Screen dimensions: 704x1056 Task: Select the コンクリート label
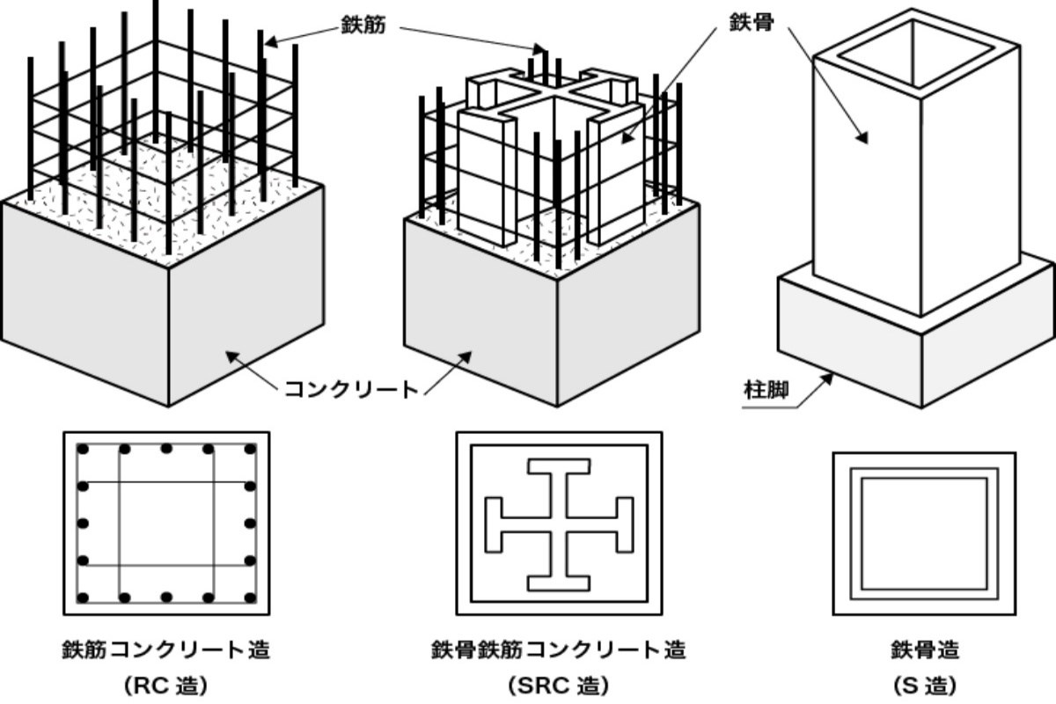coord(350,388)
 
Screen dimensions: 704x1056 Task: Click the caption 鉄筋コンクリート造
coord(166,650)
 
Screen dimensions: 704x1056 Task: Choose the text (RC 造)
coord(166,685)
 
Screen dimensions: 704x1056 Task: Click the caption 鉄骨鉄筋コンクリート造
coord(558,650)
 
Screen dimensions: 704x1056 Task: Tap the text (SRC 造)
coord(558,685)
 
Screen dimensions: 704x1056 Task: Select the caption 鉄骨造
coord(924,650)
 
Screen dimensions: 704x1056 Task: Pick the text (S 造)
coord(924,685)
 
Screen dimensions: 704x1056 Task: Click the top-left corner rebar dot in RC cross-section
coord(84,449)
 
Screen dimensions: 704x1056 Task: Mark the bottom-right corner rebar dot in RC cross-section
coord(250,598)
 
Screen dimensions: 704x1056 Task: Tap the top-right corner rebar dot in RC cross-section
coord(250,449)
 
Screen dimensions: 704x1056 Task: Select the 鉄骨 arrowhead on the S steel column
coord(863,137)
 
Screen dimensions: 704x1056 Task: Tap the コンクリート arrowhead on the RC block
coord(231,356)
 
